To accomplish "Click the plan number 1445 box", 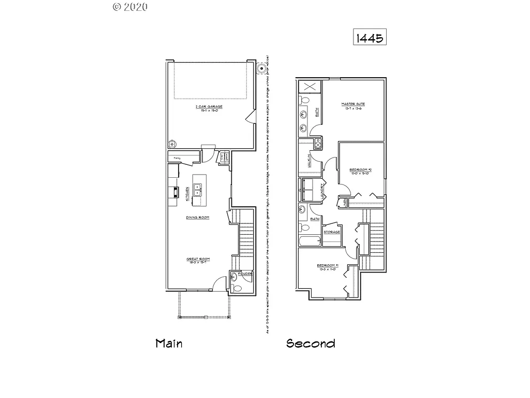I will tap(370, 37).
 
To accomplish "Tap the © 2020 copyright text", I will tap(130, 7).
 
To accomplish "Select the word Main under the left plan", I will tap(169, 344).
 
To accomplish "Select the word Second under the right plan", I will tap(311, 344).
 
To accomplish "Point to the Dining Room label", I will tap(198, 218).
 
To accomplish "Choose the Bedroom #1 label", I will tap(328, 267).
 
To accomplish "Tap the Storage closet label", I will tap(332, 232).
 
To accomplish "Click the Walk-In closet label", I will tap(308, 161).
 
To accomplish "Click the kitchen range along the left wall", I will tap(175, 193).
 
